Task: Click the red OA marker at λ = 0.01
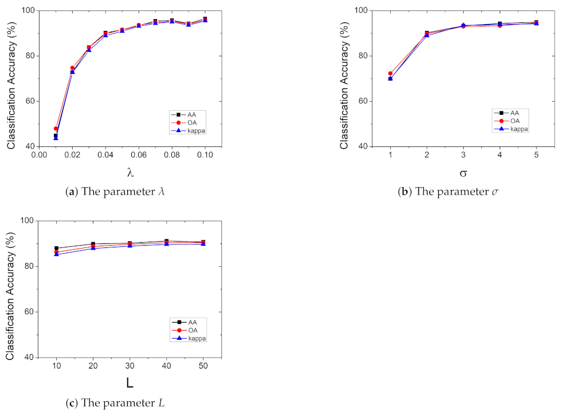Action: [56, 129]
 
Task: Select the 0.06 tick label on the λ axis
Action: [138, 156]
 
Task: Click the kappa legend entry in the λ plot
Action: [192, 131]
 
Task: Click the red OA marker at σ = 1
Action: [390, 73]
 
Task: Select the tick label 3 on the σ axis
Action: [463, 156]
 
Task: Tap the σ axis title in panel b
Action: [463, 172]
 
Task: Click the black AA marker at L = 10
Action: [56, 249]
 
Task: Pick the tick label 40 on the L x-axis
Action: [166, 366]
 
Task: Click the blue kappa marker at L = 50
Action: [203, 244]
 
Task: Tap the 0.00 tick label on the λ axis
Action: [39, 156]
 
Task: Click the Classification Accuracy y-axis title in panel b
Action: [344, 79]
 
